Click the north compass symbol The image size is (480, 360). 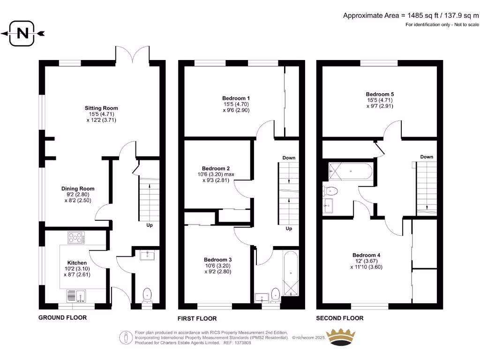[22, 33]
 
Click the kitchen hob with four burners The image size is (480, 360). [75, 238]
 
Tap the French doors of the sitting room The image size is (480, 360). [133, 55]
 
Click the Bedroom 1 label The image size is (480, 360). [236, 98]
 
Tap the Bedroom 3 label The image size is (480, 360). [217, 259]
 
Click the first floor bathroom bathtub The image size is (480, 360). [291, 274]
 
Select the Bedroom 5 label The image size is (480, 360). [380, 94]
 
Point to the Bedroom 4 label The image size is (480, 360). [366, 255]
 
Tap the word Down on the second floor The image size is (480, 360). [427, 157]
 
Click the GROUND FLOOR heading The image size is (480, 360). [62, 317]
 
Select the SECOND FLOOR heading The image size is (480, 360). [339, 318]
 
